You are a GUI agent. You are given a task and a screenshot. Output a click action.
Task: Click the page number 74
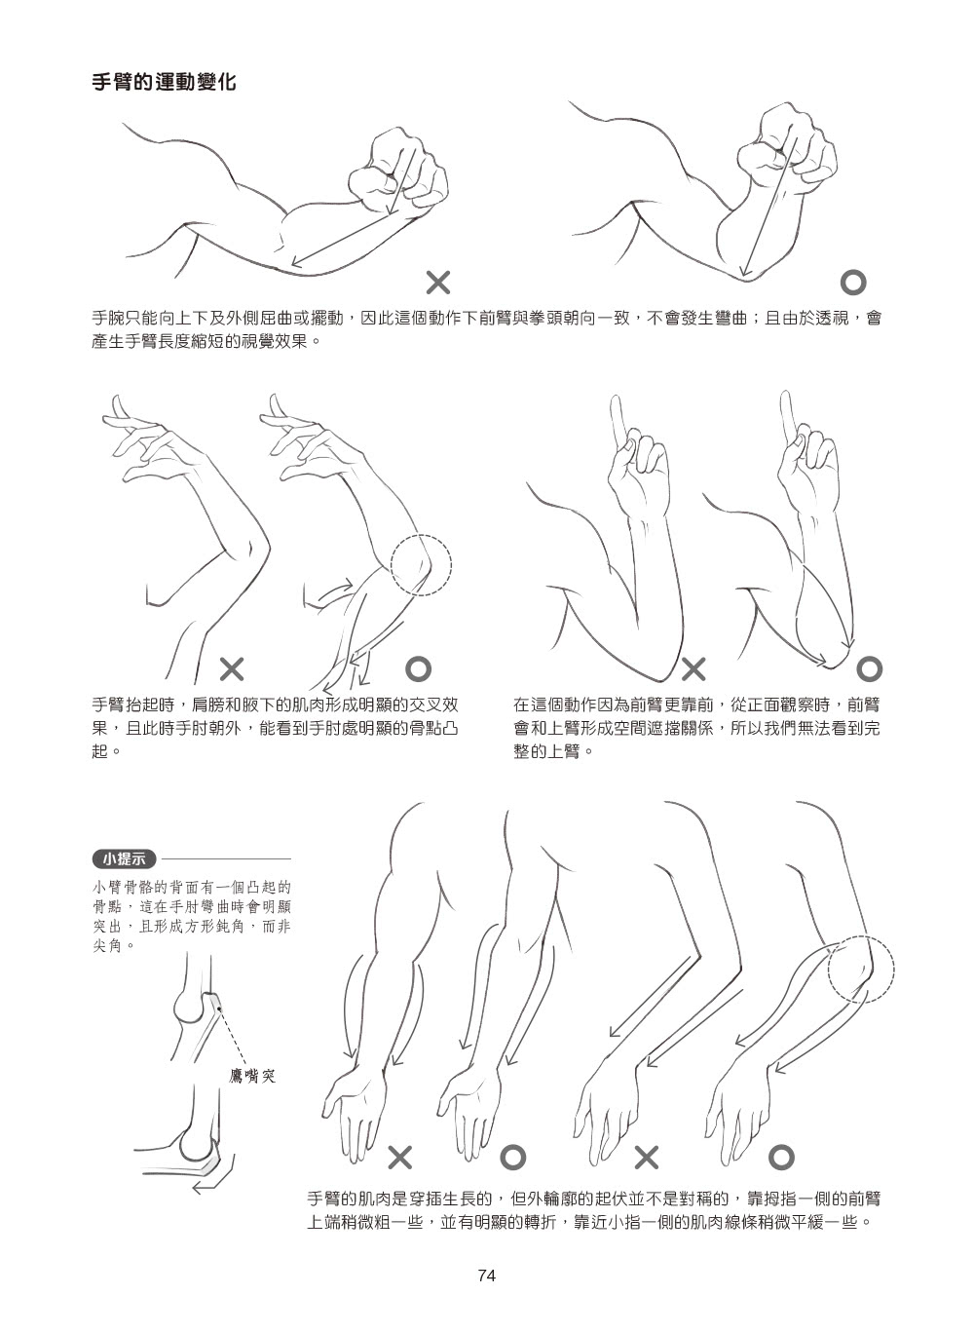pyautogui.click(x=486, y=1276)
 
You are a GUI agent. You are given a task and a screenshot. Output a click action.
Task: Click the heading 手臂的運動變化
pyautogui.click(x=164, y=82)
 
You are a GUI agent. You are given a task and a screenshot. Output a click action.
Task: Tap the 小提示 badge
pyautogui.click(x=125, y=858)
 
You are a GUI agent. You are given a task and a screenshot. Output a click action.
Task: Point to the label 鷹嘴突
pyautogui.click(x=252, y=1076)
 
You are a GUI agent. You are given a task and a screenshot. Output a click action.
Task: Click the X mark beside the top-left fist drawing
pyautogui.click(x=438, y=283)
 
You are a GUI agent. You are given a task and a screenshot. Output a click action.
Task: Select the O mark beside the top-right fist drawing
pyautogui.click(x=852, y=283)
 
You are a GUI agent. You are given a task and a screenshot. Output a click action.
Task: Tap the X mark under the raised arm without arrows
pyautogui.click(x=232, y=669)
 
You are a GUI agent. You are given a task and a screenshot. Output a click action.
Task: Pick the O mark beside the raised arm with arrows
pyautogui.click(x=418, y=668)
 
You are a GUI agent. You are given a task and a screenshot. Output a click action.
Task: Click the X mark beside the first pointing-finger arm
pyautogui.click(x=693, y=669)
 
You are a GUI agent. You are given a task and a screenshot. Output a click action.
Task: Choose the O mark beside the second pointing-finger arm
pyautogui.click(x=869, y=669)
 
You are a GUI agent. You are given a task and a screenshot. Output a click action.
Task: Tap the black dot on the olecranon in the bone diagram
pyautogui.click(x=219, y=1009)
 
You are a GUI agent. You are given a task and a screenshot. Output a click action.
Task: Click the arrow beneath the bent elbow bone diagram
pyautogui.click(x=215, y=1181)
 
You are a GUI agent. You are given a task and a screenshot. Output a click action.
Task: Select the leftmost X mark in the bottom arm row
pyautogui.click(x=400, y=1158)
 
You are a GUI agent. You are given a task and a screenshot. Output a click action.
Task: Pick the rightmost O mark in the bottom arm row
pyautogui.click(x=781, y=1158)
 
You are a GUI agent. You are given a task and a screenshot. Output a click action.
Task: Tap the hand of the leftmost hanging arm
pyautogui.click(x=354, y=1112)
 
